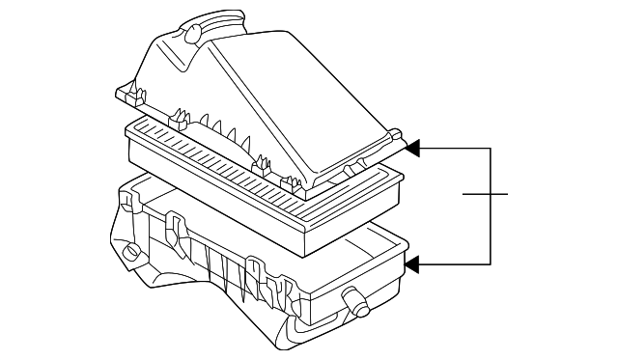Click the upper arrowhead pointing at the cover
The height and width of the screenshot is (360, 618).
pos(413,149)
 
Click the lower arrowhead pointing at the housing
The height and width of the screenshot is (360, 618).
pos(413,263)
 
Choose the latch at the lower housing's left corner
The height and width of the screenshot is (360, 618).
pos(126,202)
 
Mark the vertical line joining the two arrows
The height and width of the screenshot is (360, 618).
pos(492,206)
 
